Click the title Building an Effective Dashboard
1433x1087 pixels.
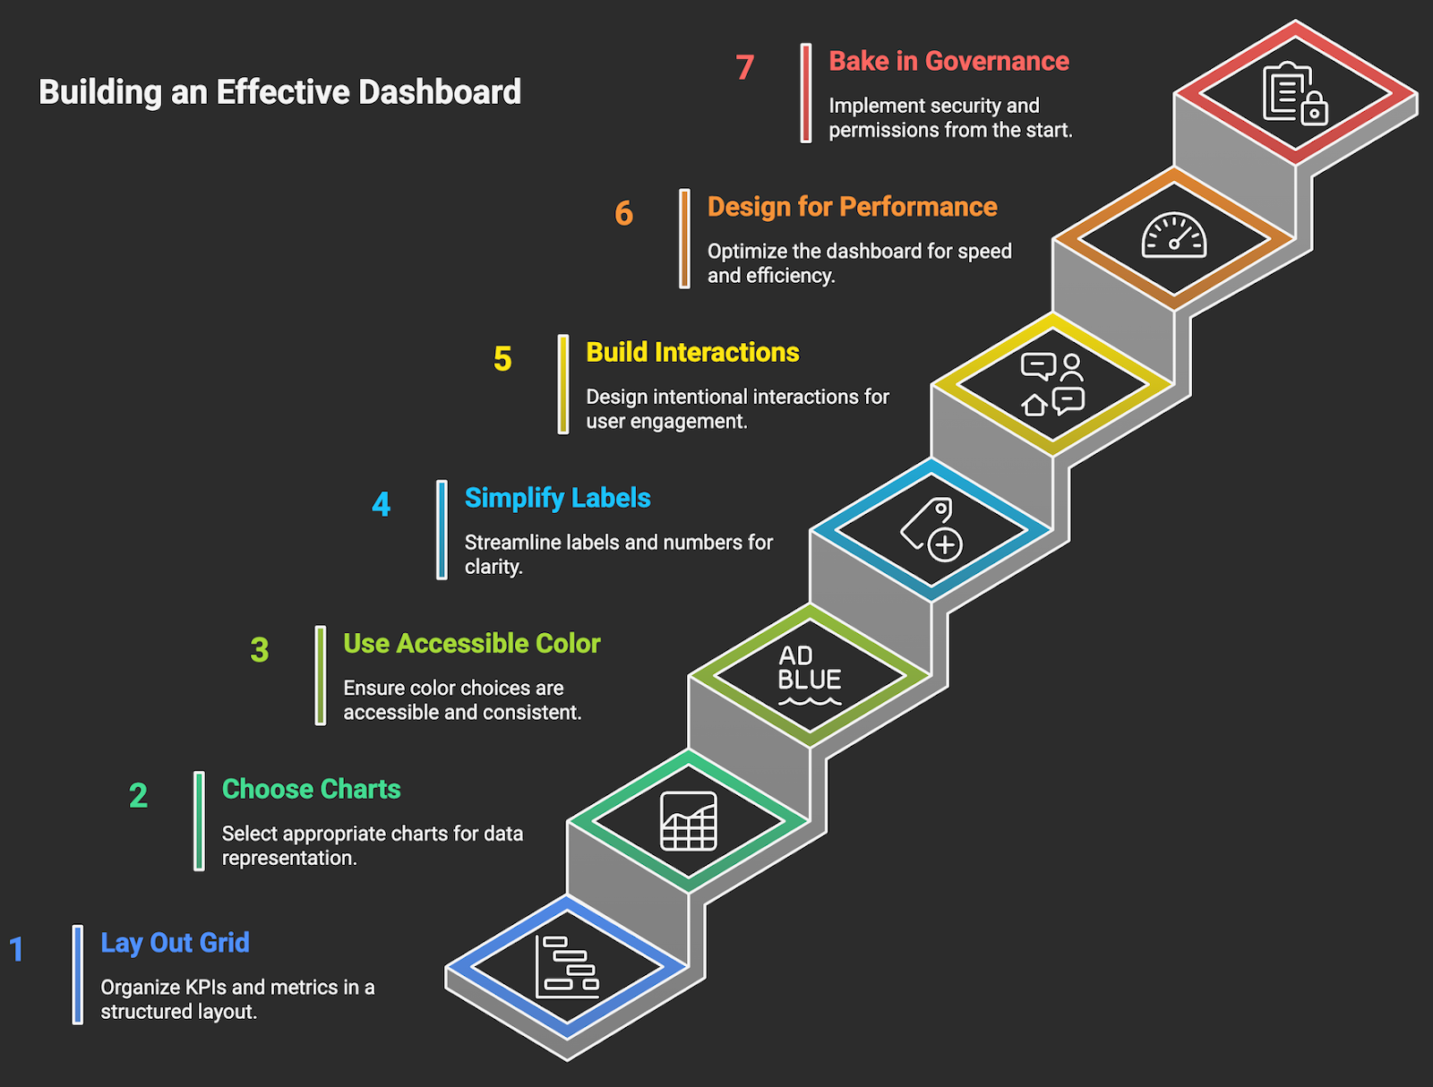pyautogui.click(x=279, y=92)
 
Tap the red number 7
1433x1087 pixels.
pyautogui.click(x=745, y=67)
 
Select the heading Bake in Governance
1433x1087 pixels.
pyautogui.click(x=948, y=61)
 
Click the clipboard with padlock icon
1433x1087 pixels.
pyautogui.click(x=1294, y=93)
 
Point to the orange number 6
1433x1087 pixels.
pyautogui.click(x=623, y=213)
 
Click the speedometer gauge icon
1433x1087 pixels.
pyautogui.click(x=1173, y=236)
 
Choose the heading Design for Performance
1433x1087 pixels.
pyautogui.click(x=852, y=207)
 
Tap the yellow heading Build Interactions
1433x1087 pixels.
pyautogui.click(x=692, y=352)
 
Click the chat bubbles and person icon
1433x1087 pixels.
pyautogui.click(x=1052, y=384)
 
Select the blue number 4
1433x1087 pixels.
pyautogui.click(x=382, y=504)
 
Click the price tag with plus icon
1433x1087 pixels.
pyautogui.click(x=931, y=529)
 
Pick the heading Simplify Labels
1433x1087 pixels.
pyautogui.click(x=557, y=498)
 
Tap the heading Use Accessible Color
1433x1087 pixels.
pyautogui.click(x=471, y=643)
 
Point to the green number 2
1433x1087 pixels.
pyautogui.click(x=138, y=795)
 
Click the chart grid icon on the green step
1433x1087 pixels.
pyautogui.click(x=688, y=821)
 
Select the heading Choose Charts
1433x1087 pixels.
pyautogui.click(x=311, y=789)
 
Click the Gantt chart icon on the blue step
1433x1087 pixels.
pyautogui.click(x=567, y=967)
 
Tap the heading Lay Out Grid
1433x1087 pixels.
pyautogui.click(x=175, y=943)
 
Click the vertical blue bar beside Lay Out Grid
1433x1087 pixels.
pyautogui.click(x=78, y=974)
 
